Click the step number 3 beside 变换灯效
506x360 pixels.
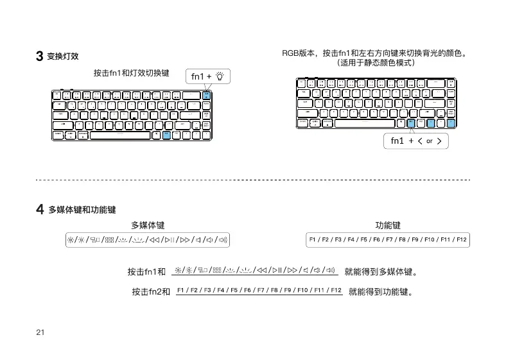[39, 56]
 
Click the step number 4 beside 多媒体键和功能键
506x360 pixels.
[39, 209]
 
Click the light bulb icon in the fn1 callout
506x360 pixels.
[220, 77]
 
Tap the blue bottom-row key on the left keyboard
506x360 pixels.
[166, 135]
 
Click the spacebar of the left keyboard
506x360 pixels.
[121, 135]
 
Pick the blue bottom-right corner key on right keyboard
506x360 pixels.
[451, 123]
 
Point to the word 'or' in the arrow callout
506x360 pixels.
[430, 142]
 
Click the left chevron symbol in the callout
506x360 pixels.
[419, 142]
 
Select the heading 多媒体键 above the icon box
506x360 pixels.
[148, 225]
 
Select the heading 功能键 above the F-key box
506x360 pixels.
[388, 225]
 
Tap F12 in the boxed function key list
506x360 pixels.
[462, 240]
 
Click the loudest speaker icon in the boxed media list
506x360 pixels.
[223, 240]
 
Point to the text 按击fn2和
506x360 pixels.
[151, 292]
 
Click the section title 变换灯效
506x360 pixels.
[63, 56]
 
